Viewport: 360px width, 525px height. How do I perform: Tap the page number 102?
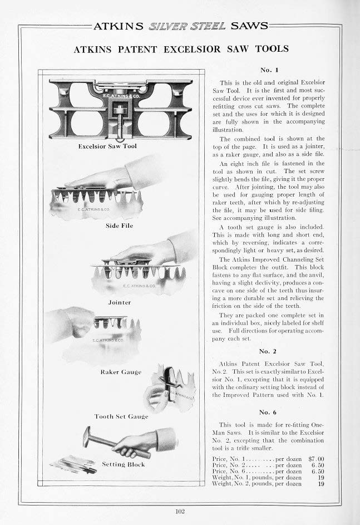click(x=180, y=511)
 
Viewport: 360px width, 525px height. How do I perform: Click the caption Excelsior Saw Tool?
click(x=108, y=146)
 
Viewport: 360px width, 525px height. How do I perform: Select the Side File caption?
click(x=119, y=226)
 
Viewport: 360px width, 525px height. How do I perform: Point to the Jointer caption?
click(x=119, y=302)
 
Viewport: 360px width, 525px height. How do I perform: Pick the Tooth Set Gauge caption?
click(x=121, y=416)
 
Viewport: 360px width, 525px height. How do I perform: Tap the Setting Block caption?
click(x=123, y=464)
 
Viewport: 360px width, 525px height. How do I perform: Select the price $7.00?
click(x=316, y=459)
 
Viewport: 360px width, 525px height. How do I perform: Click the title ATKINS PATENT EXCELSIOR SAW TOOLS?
click(x=181, y=49)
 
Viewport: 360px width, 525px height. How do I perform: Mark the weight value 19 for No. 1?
click(x=320, y=477)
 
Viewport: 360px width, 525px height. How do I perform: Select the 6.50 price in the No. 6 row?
click(x=317, y=471)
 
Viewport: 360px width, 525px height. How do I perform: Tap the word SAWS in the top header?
click(x=249, y=26)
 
